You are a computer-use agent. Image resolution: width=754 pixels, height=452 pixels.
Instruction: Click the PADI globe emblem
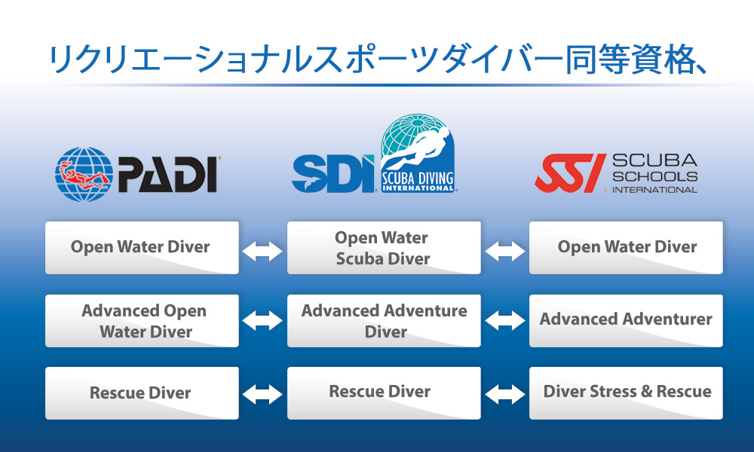coord(84,174)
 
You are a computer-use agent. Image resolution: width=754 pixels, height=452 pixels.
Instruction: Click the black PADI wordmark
coord(168,174)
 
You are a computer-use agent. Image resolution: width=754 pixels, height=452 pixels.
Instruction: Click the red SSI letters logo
coord(570,173)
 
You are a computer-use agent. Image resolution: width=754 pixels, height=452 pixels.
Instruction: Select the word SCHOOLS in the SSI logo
coord(655,176)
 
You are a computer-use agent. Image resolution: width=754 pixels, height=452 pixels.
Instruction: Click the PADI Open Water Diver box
coord(142,247)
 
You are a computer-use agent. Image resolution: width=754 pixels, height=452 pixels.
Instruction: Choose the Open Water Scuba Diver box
coord(384,247)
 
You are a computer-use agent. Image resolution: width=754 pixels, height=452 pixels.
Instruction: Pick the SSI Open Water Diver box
coord(626,247)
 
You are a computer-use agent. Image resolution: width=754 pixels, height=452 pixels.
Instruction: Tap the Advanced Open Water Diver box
coord(142,320)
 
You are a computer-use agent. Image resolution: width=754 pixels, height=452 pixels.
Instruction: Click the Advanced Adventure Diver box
coord(384,320)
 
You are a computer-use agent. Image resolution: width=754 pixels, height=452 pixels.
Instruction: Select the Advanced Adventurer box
coord(626,320)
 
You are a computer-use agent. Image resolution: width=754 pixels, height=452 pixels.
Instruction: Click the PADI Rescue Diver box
coord(142,393)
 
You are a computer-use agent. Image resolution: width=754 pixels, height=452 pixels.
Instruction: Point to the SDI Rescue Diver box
coord(384,393)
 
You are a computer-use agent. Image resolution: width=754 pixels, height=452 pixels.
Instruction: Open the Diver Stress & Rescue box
coord(626,393)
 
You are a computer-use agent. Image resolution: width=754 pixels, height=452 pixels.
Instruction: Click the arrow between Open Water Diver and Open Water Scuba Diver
coord(262,251)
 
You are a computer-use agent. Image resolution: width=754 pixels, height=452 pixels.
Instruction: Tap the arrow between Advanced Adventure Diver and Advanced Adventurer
coord(505,320)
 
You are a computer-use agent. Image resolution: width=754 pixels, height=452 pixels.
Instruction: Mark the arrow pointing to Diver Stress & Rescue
coord(505,394)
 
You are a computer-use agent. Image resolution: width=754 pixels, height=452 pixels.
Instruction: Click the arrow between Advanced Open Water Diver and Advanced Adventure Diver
coord(262,320)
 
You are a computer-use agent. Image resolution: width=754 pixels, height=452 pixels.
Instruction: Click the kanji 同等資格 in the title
coord(629,60)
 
